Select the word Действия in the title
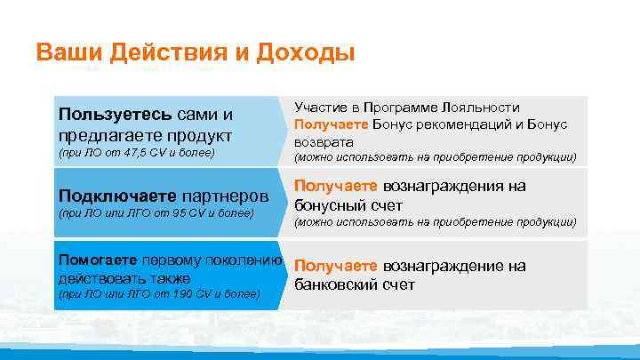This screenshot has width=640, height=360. tap(164, 52)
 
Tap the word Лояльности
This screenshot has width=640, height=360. tap(481, 107)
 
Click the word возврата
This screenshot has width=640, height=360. tap(324, 141)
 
